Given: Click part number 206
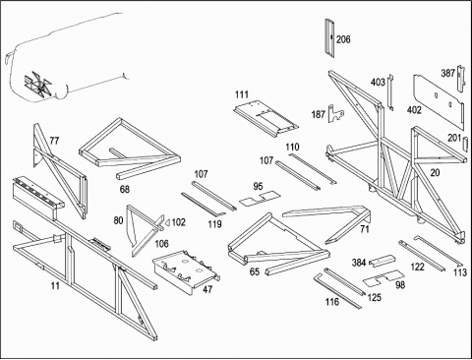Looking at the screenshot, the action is (343, 39).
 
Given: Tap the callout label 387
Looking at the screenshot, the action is (447, 73).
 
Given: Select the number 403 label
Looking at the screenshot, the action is (378, 82).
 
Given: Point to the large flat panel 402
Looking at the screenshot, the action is (439, 99).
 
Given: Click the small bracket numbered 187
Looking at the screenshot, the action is (336, 113).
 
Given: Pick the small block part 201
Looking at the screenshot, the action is (464, 144).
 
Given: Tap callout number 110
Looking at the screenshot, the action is (292, 147).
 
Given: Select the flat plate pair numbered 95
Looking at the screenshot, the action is (260, 198).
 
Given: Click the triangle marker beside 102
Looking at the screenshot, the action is (166, 222).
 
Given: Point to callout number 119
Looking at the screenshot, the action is (214, 224).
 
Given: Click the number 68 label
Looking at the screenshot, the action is (125, 189).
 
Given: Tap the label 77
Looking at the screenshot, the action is (54, 141).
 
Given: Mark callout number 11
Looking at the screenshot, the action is (55, 285).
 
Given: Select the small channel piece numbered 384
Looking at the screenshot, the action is (382, 261).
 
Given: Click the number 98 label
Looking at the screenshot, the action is (400, 285).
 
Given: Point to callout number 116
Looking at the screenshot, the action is (331, 301).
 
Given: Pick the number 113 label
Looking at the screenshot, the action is (459, 272).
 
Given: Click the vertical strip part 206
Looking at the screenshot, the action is (329, 37).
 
